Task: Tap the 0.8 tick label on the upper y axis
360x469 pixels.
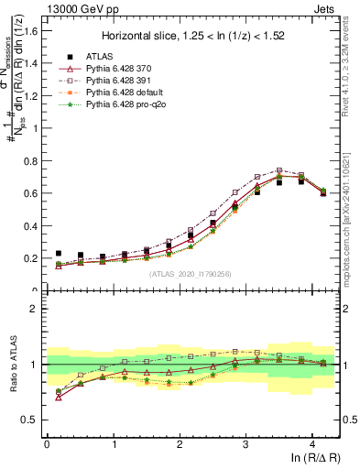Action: (x=33, y=160)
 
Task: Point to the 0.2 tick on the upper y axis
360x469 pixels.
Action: (x=33, y=258)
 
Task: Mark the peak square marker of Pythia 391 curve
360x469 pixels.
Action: (x=279, y=170)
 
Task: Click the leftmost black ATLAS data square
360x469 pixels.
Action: (x=59, y=254)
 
